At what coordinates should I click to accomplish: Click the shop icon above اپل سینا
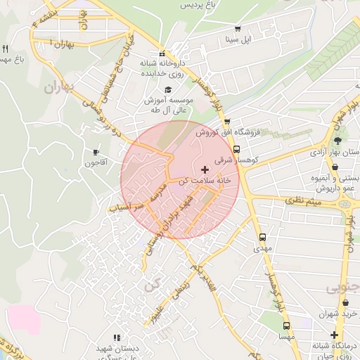(238, 29)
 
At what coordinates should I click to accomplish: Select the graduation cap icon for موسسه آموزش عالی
(167, 89)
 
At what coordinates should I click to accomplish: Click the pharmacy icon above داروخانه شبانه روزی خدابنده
(162, 53)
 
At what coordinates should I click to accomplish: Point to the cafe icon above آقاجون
(96, 152)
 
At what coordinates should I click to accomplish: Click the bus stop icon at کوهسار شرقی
(236, 149)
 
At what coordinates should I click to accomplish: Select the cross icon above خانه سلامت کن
(205, 169)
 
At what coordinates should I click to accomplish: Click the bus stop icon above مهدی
(262, 238)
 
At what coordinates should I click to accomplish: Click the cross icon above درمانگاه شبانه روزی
(335, 335)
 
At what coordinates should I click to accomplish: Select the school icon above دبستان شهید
(116, 337)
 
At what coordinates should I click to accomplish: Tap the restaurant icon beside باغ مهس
(5, 49)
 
